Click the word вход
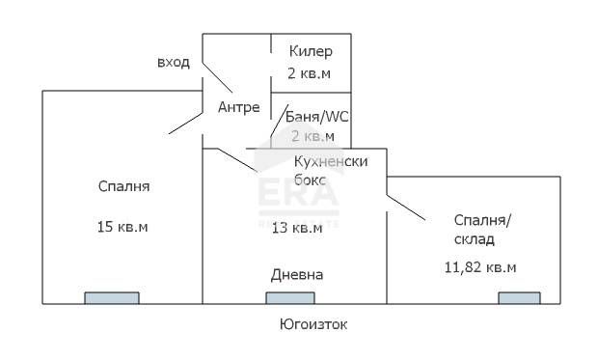(173, 63)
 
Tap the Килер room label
(310, 51)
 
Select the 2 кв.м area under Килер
(310, 72)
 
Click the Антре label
(239, 106)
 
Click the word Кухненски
(331, 161)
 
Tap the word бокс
(311, 179)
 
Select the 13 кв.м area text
(296, 228)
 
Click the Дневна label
(296, 275)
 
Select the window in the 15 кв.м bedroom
(111, 297)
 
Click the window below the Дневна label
(292, 297)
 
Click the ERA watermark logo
(296, 198)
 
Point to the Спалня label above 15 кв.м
(122, 185)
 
